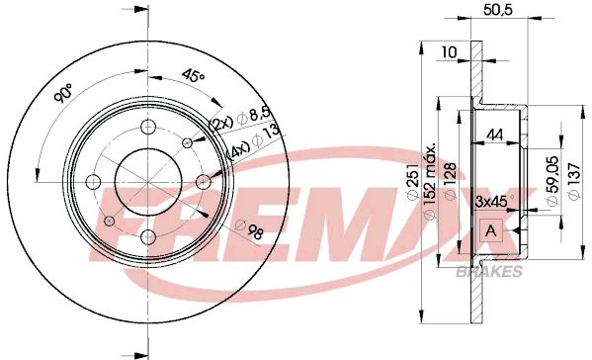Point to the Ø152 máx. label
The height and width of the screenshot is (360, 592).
(432, 181)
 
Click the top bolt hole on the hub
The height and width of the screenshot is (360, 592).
(147, 127)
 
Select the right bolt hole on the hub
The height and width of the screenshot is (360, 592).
(203, 180)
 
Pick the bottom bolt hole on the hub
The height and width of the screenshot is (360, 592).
(147, 235)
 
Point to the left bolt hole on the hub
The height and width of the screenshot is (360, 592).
(93, 181)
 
